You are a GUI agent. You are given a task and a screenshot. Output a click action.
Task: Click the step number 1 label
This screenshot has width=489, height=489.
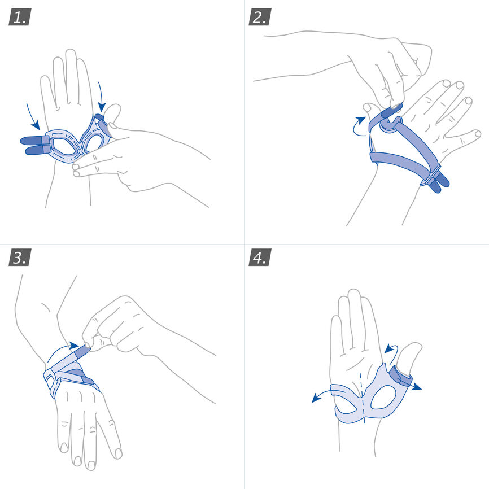tap(20, 17)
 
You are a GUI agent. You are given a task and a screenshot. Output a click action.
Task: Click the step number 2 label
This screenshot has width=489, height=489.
tap(260, 17)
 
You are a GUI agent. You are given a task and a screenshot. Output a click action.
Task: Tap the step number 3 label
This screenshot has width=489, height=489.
tap(20, 257)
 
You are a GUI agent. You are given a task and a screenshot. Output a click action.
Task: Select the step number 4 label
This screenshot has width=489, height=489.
tap(260, 257)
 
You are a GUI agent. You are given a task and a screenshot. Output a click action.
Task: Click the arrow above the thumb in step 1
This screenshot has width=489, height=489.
tap(101, 96)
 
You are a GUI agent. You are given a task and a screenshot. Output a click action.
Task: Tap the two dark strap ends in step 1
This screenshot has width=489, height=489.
tap(35, 145)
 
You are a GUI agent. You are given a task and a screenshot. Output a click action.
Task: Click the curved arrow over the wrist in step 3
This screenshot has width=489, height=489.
tap(59, 350)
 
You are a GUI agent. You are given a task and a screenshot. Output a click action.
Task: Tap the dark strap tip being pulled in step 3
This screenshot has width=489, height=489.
tap(82, 351)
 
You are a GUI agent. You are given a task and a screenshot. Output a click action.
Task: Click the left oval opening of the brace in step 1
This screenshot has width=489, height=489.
tap(64, 145)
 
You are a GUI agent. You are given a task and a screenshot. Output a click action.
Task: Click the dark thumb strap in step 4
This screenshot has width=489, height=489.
tap(400, 376)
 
